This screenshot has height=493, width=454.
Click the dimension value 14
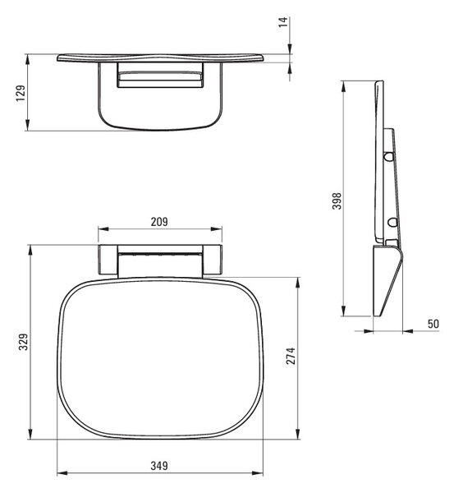point(283,22)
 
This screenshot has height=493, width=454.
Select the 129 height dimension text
point(21,93)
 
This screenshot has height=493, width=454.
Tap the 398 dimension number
point(337,201)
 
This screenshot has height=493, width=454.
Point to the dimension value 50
point(433,324)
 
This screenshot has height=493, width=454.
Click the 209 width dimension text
point(159,222)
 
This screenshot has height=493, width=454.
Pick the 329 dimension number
point(23,342)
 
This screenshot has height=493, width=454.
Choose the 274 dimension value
point(291,356)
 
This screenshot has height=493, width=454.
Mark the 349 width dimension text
point(159,466)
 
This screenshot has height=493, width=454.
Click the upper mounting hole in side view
point(388,156)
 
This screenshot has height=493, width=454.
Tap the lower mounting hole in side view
point(392,223)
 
